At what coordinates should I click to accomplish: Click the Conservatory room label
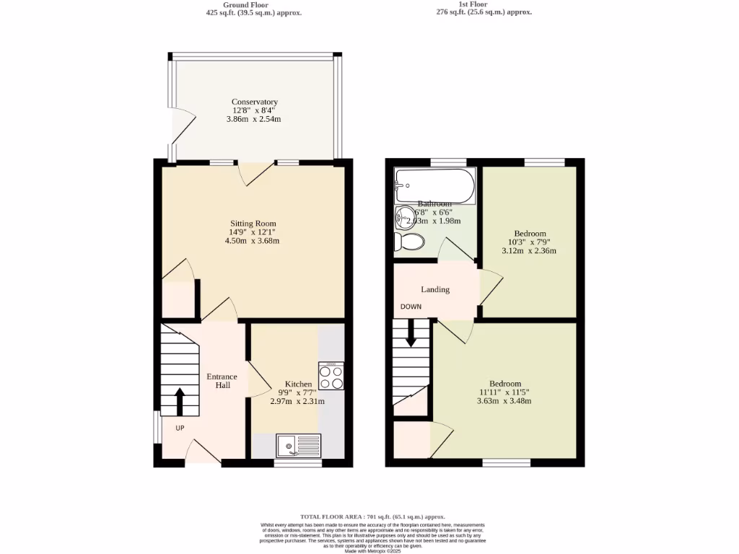255,102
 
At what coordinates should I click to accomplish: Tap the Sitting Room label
253,224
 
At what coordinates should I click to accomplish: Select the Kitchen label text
298,384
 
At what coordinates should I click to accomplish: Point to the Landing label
435,289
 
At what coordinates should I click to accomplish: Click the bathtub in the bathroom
434,185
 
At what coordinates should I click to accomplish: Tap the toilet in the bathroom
408,242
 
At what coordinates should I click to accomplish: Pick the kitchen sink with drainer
298,446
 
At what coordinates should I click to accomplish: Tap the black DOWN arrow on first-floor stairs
411,333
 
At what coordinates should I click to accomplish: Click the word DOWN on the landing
411,307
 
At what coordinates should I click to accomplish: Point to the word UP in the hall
180,428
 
